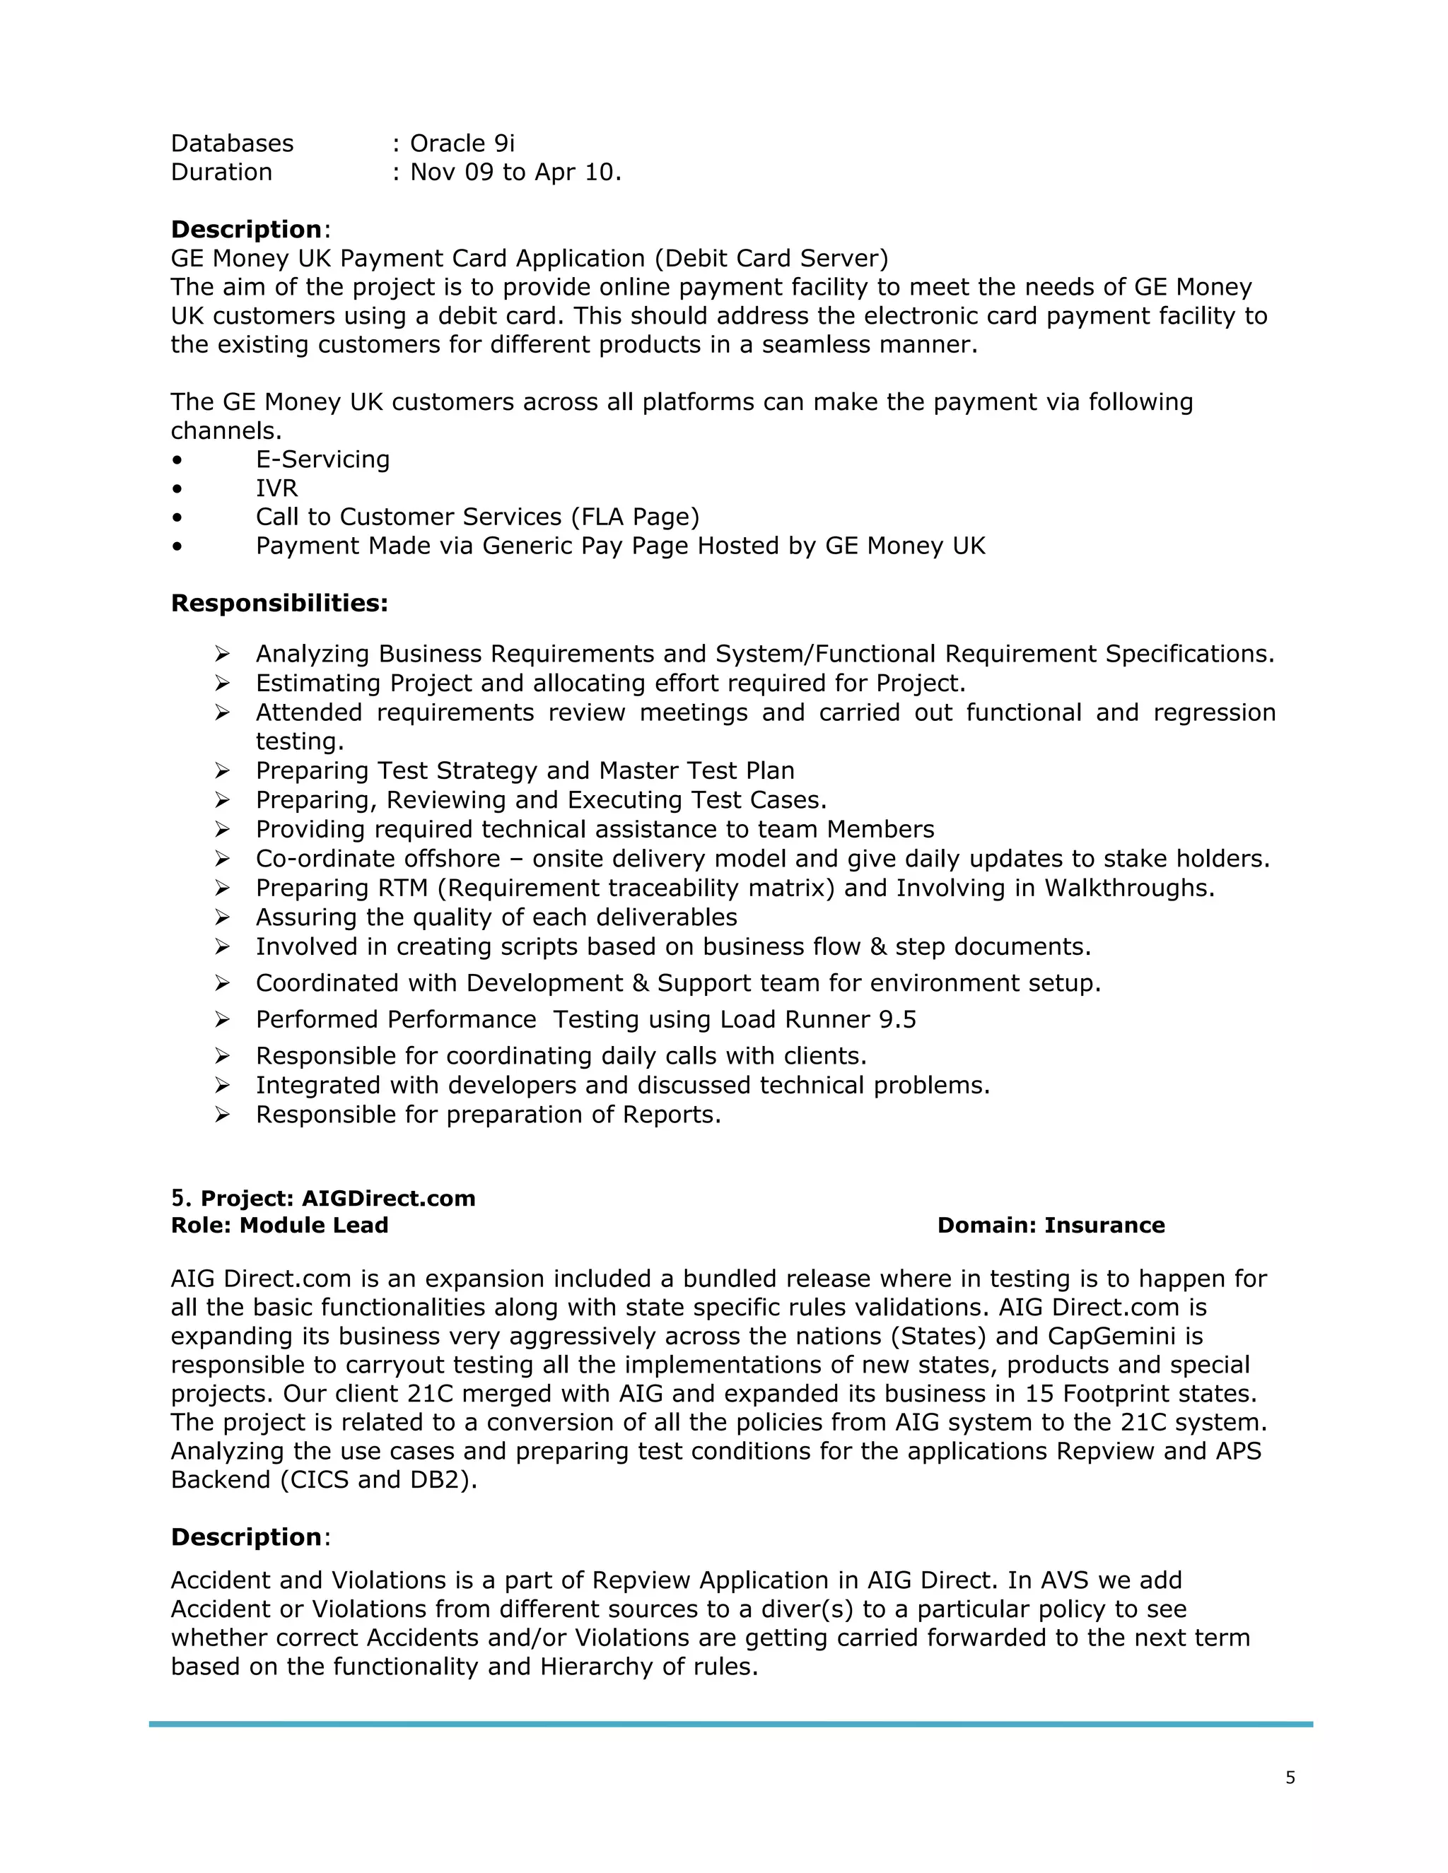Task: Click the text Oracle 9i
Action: pyautogui.click(x=462, y=143)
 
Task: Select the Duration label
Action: pyautogui.click(x=221, y=172)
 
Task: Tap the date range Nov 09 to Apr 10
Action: pyautogui.click(x=515, y=172)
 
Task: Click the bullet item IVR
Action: pyautogui.click(x=276, y=488)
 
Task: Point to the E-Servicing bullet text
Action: pyautogui.click(x=322, y=459)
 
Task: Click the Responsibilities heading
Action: pyautogui.click(x=279, y=603)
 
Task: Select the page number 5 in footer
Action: pyautogui.click(x=1290, y=1778)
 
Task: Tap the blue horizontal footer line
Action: pyautogui.click(x=730, y=1724)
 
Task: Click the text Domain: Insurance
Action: pyautogui.click(x=1051, y=1225)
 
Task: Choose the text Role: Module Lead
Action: pyautogui.click(x=280, y=1225)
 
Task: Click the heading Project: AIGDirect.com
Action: pyautogui.click(x=337, y=1198)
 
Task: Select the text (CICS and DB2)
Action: pyautogui.click(x=378, y=1480)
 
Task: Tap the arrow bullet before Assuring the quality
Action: pyautogui.click(x=222, y=917)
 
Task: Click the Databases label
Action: pyautogui.click(x=232, y=143)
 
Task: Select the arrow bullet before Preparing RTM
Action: pyautogui.click(x=222, y=888)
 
